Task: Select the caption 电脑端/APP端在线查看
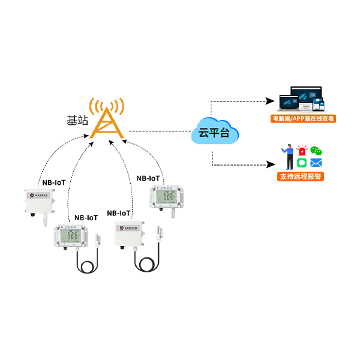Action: [x=303, y=119]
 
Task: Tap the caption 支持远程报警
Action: [x=299, y=178]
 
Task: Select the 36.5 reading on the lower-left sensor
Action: [x=74, y=239]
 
